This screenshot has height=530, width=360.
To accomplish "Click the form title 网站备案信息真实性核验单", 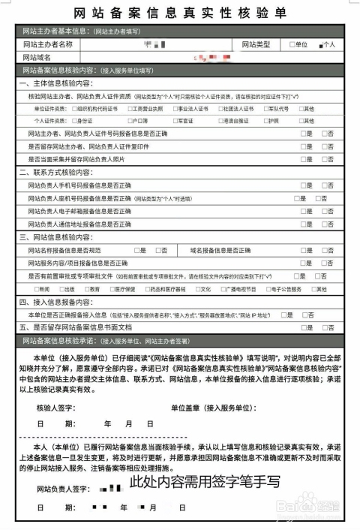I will (180, 14).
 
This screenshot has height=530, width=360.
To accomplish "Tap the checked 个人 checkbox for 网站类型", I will (320, 45).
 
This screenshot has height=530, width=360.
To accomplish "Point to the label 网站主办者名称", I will (47, 45).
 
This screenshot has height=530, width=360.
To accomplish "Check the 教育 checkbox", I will (86, 289).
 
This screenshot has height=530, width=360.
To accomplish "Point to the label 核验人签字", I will (56, 408).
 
